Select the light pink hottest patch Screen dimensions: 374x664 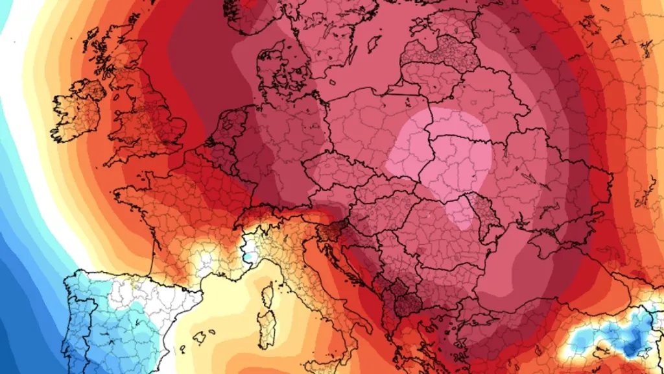click(441, 156)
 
